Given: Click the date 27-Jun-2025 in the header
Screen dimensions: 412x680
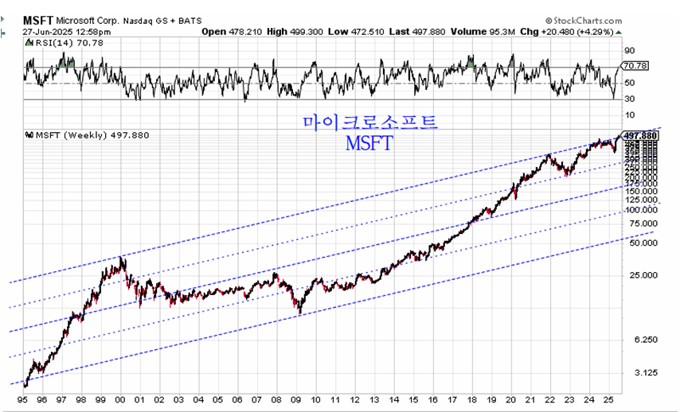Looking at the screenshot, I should tap(44, 31).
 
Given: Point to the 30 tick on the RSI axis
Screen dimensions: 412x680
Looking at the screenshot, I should tap(629, 99).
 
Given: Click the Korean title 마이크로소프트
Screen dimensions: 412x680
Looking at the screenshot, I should tap(370, 122).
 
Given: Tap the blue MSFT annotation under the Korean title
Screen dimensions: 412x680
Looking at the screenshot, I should tap(369, 143).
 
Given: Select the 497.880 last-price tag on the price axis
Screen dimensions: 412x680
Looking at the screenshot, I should tap(641, 135).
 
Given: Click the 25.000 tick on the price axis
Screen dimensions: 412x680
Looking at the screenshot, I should tap(639, 275).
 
